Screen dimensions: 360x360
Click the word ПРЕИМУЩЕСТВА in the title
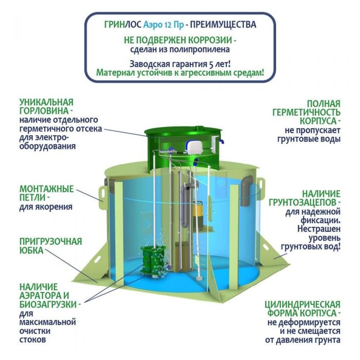223,25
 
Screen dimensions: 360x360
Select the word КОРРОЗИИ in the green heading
210,40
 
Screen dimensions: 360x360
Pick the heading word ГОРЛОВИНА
44,111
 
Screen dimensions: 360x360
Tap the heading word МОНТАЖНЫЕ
47,189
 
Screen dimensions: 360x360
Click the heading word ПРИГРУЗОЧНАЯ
51,242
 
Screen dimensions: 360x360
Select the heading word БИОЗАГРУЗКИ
48,304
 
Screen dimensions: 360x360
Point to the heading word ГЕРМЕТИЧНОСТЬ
307,113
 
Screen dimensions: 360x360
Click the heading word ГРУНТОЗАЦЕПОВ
303,203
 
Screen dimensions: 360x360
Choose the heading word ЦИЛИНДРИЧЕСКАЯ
302,304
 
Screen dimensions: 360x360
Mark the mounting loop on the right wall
261,186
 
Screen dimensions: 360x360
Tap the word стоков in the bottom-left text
32,340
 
